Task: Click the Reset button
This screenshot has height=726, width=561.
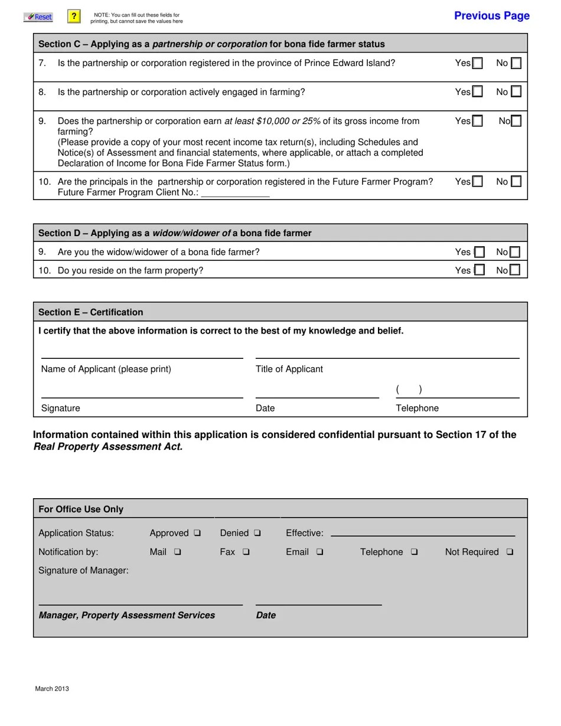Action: [x=38, y=17]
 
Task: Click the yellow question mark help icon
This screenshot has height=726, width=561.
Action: [x=74, y=17]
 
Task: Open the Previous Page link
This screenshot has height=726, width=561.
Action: [x=491, y=16]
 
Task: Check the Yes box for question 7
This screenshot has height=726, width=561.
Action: [x=477, y=63]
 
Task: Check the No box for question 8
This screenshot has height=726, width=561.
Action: [x=516, y=91]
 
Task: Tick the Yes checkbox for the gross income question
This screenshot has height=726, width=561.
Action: [x=477, y=121]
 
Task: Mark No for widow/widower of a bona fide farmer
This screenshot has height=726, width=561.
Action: [x=515, y=252]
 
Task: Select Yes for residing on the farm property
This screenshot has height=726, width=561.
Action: [x=479, y=270]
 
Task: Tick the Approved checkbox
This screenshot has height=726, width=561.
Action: [x=197, y=533]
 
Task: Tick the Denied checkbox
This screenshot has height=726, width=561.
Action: [x=257, y=533]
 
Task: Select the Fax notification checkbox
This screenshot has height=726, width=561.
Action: [x=246, y=552]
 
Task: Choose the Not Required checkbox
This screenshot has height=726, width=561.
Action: [x=510, y=552]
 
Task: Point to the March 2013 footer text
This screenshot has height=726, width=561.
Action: [x=52, y=688]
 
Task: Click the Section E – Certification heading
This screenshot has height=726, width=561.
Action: [x=91, y=312]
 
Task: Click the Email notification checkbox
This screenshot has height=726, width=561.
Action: [x=319, y=552]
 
